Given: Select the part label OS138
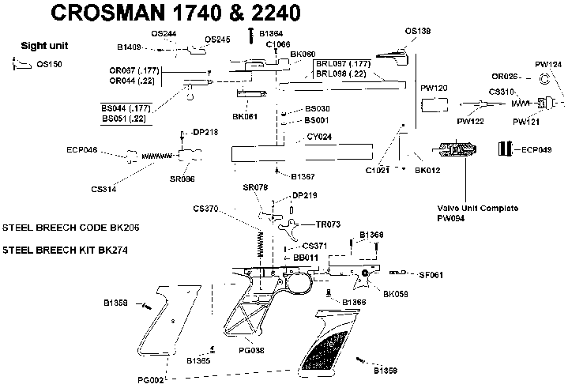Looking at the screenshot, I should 418,32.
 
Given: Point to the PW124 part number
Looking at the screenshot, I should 548,63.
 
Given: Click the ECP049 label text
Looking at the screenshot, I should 534,149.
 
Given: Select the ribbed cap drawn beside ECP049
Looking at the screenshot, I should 504,149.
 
